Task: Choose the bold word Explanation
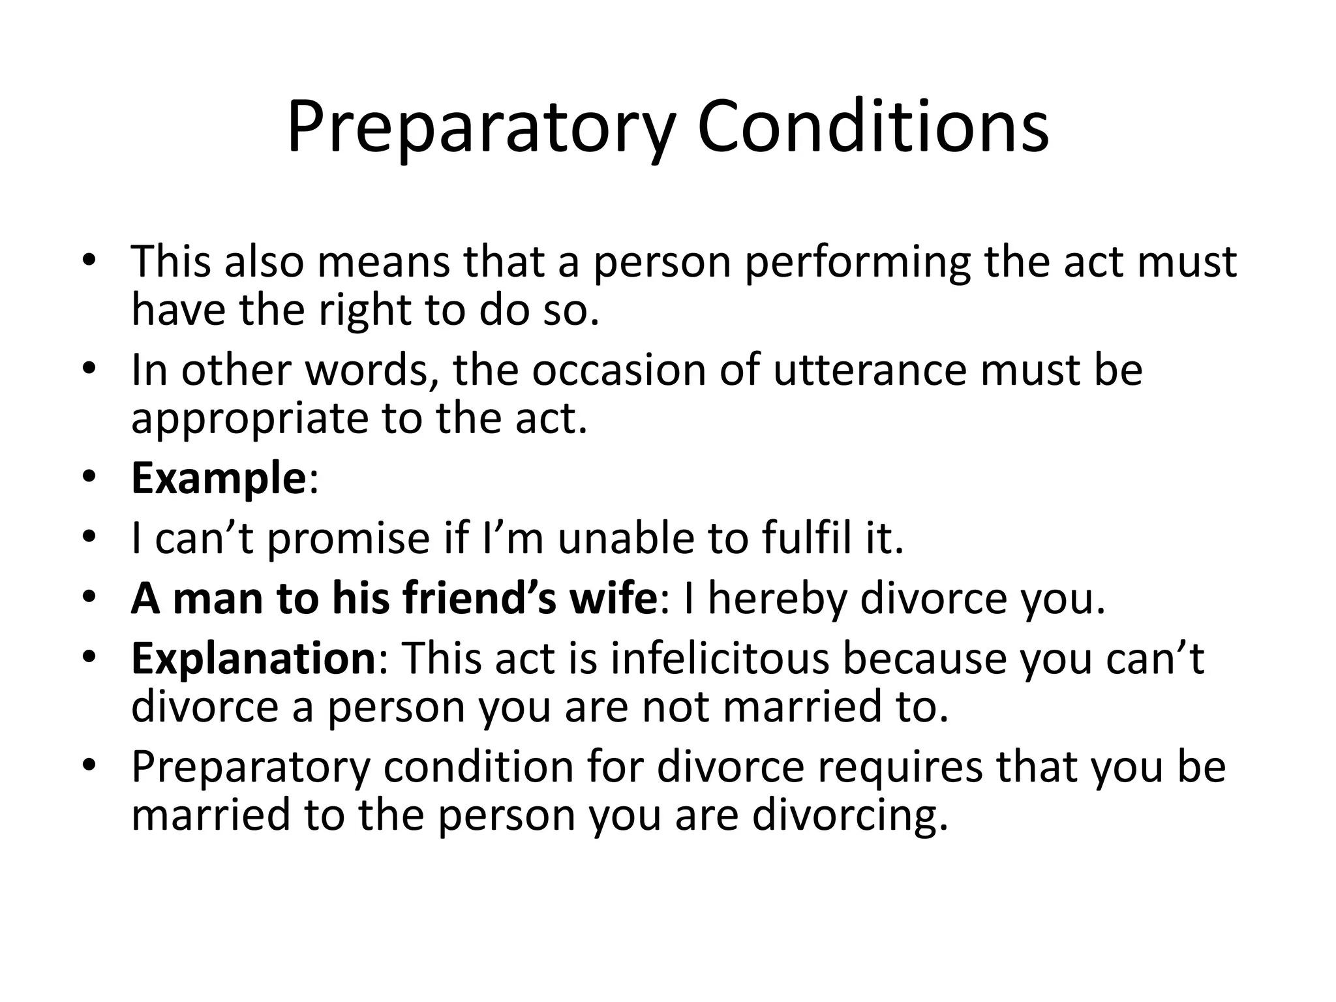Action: point(253,659)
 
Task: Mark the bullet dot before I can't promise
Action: point(89,538)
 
